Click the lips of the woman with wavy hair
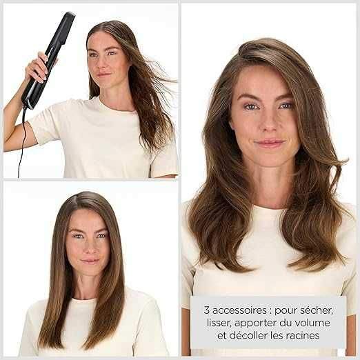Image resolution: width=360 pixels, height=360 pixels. [x=269, y=143]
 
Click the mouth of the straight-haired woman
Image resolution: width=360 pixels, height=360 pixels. [x=89, y=261]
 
